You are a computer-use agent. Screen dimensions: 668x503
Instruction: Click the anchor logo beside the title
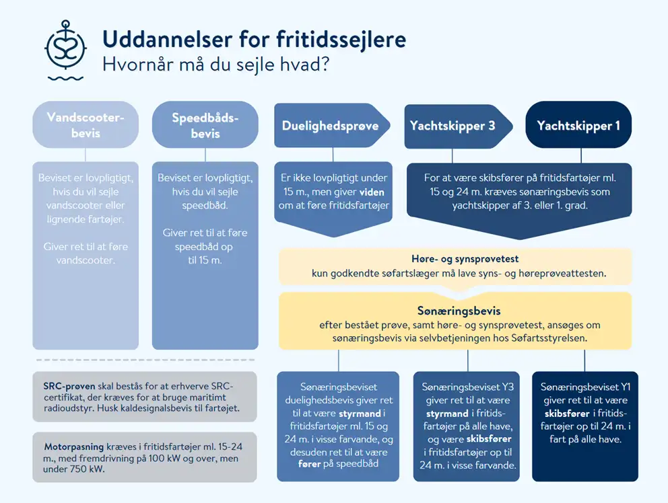coord(65,50)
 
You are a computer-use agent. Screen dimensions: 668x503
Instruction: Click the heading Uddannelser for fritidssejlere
coord(255,40)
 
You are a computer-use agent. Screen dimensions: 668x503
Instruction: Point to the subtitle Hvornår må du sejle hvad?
coord(216,65)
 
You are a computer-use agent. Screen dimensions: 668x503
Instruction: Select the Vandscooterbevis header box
coord(86,124)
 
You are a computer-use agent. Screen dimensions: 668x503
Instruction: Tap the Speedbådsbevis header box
coord(205,124)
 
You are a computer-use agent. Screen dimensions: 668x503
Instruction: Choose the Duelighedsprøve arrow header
coord(332,126)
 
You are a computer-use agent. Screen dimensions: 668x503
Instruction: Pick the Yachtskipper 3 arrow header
coord(459,126)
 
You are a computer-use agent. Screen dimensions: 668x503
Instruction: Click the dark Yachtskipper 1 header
coord(578,124)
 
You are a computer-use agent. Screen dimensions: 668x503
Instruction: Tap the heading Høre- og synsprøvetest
coord(465,259)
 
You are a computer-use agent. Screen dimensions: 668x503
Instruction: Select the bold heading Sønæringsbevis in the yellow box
coord(459,311)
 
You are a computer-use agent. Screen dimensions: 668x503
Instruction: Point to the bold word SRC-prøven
coord(69,387)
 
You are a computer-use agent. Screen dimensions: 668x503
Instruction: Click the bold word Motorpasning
coord(73,447)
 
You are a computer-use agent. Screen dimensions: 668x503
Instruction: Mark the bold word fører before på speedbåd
coord(309,464)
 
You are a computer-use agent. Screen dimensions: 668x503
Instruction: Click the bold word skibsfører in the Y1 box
coord(567,413)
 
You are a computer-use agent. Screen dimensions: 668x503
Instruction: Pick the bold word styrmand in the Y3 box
coord(447,413)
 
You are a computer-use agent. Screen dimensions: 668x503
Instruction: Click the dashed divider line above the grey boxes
coord(145,360)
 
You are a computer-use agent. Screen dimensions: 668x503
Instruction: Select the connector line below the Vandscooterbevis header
coord(86,155)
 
